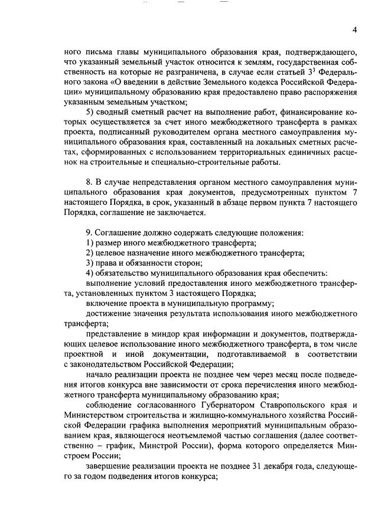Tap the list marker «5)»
pos(90,112)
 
